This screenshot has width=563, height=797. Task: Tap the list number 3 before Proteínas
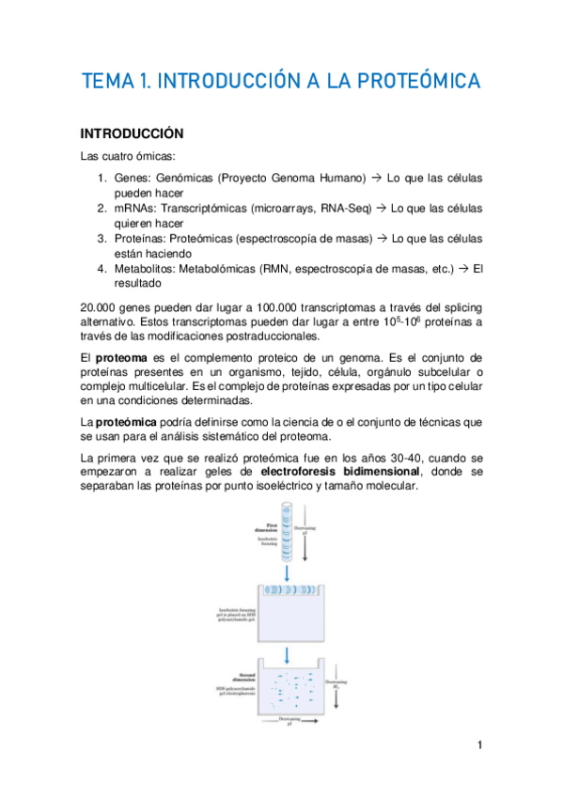pyautogui.click(x=102, y=239)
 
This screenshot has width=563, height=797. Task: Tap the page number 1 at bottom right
pyautogui.click(x=479, y=746)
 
